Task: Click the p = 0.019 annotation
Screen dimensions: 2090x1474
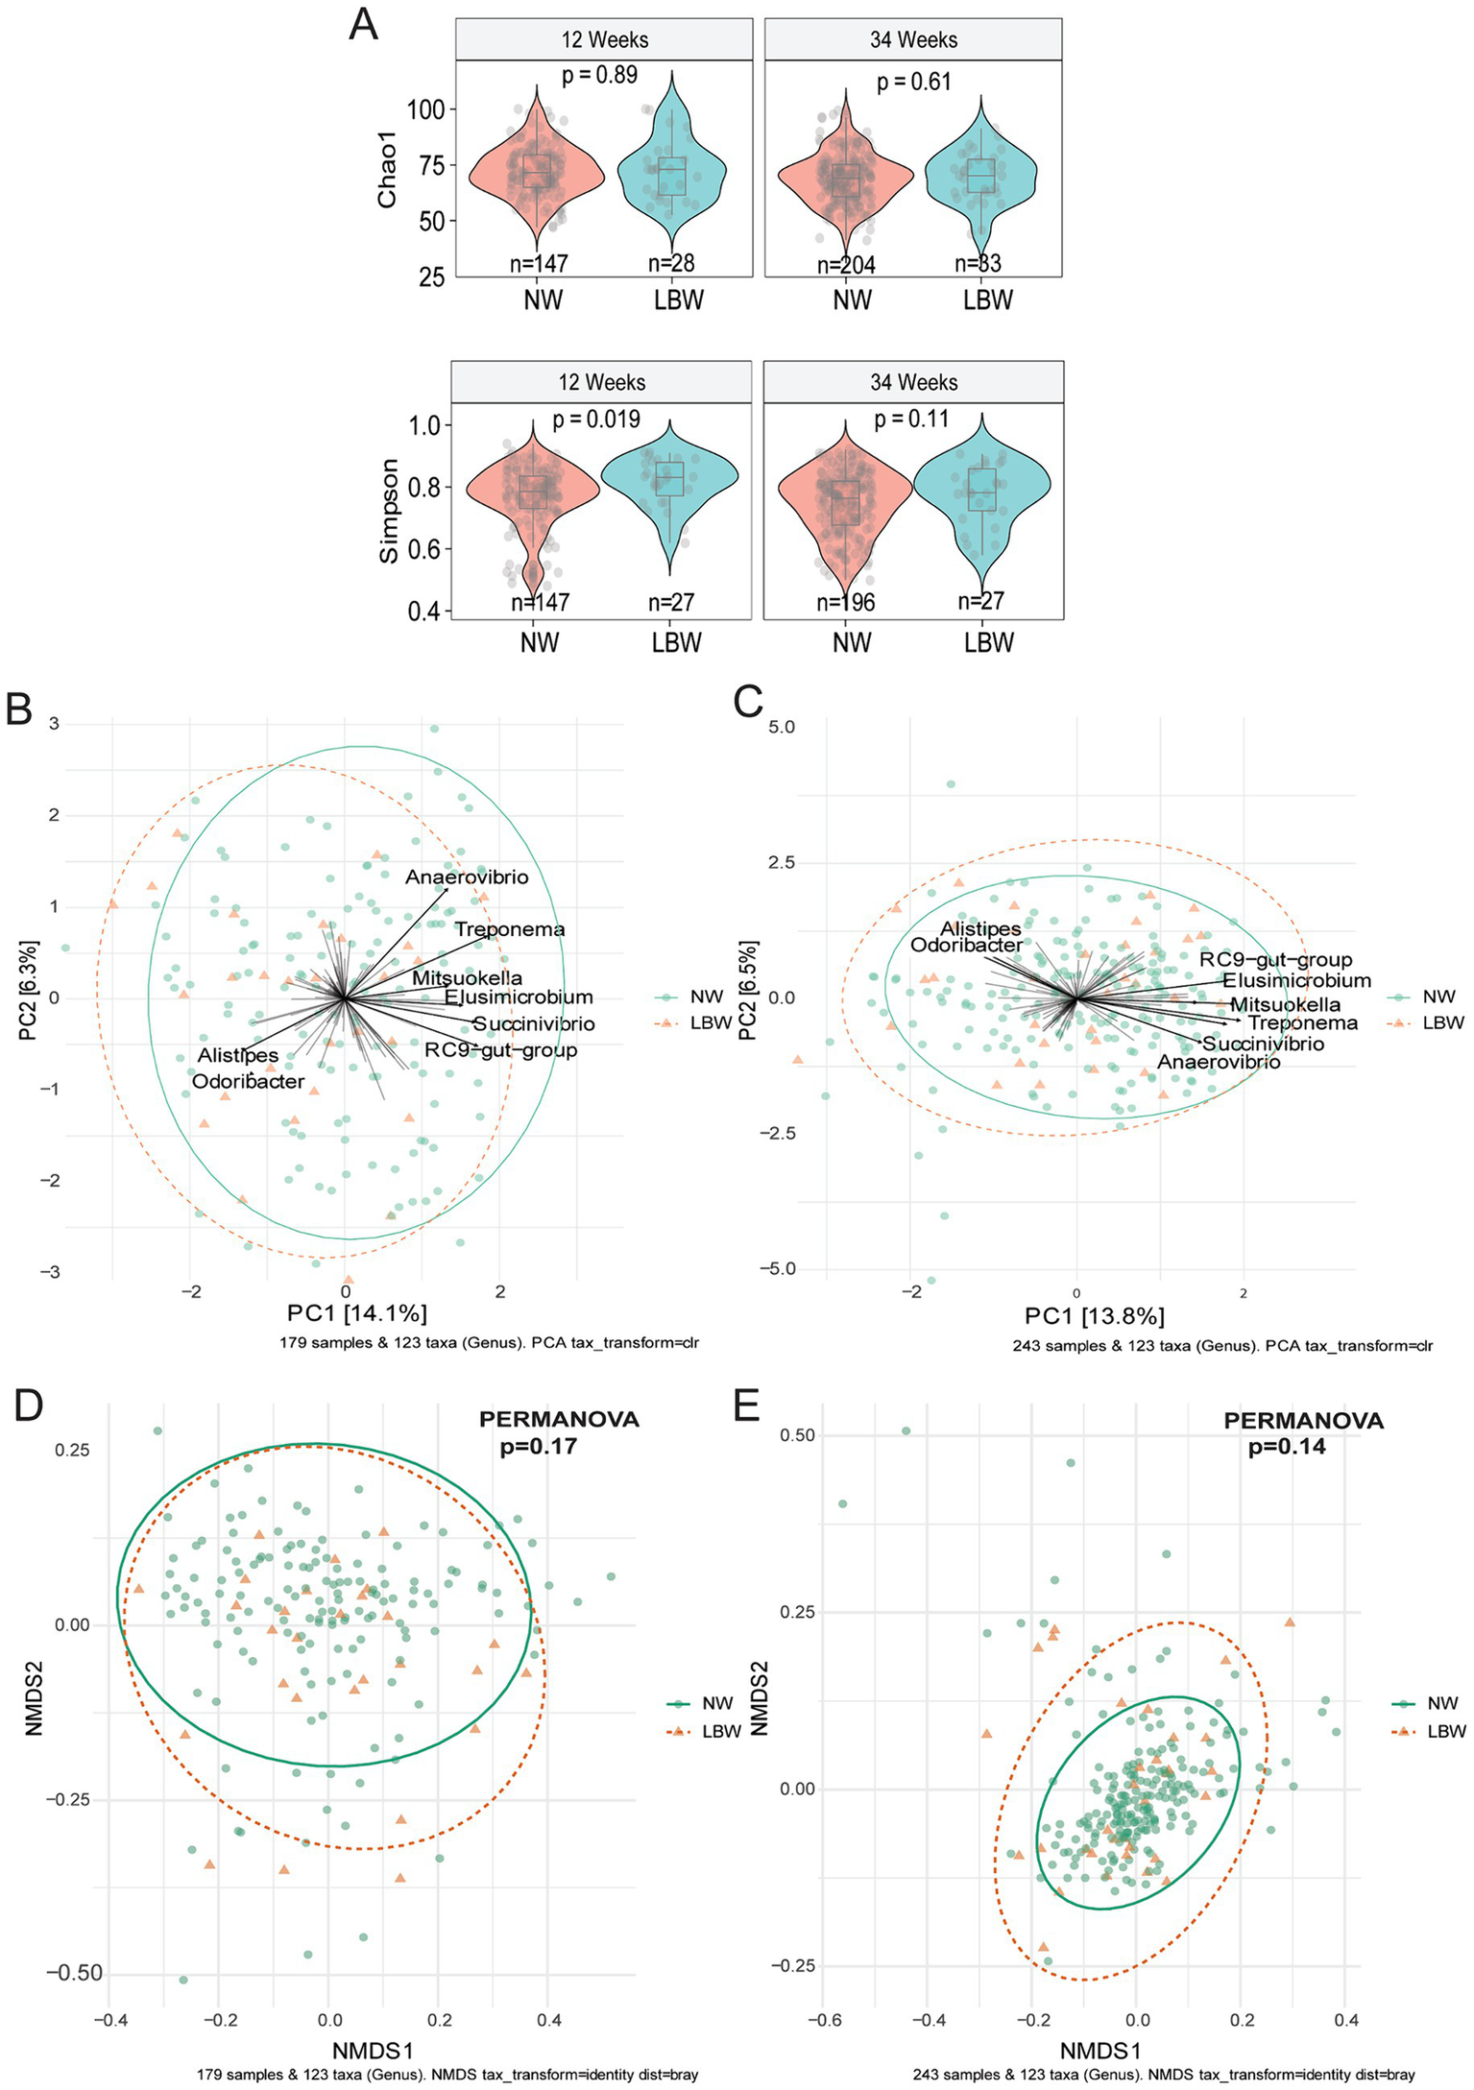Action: point(595,420)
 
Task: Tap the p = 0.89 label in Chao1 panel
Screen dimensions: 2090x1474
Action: point(599,75)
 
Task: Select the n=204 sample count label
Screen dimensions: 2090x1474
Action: point(846,265)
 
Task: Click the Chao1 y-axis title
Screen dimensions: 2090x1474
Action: point(387,169)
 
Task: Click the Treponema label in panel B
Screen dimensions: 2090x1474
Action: point(509,929)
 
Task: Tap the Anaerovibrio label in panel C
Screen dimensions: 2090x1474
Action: point(1218,1063)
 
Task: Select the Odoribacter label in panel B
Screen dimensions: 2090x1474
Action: point(248,1082)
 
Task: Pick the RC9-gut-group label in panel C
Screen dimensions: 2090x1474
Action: point(1275,959)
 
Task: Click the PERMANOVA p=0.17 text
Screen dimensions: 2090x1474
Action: point(558,1431)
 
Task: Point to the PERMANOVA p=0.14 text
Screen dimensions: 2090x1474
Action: point(1302,1433)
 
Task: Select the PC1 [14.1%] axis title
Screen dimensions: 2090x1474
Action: point(356,1312)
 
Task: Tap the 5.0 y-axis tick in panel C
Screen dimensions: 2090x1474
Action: point(782,727)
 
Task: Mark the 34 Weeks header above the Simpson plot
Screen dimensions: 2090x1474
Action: point(913,382)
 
